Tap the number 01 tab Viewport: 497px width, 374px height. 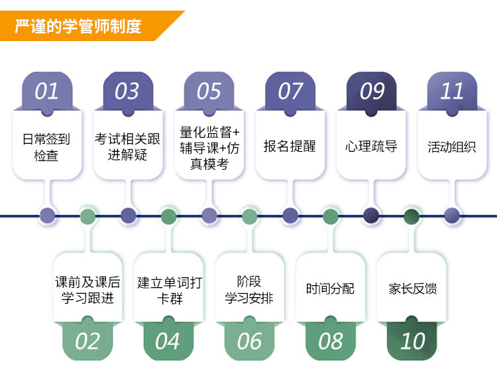(x=46, y=92)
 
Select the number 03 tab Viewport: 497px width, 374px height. (x=127, y=92)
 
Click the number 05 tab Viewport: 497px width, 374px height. (x=209, y=92)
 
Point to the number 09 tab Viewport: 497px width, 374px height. (x=372, y=92)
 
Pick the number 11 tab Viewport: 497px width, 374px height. (x=453, y=92)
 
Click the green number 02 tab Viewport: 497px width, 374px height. (x=87, y=342)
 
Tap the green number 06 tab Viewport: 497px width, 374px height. (x=249, y=342)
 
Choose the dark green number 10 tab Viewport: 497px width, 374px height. (x=412, y=342)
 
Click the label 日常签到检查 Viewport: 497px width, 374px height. (x=46, y=147)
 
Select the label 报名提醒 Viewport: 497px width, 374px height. (x=290, y=147)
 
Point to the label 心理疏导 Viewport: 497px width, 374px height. (x=371, y=147)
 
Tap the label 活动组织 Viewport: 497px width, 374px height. (x=452, y=147)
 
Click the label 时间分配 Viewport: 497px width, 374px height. (x=330, y=288)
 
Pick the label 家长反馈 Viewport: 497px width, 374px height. (x=412, y=288)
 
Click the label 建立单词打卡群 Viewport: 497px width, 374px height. (x=169, y=290)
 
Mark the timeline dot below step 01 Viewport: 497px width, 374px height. (x=47, y=215)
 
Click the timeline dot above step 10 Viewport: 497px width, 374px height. (x=412, y=215)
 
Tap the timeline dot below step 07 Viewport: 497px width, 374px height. (x=290, y=215)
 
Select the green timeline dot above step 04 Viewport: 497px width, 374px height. (x=168, y=215)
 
